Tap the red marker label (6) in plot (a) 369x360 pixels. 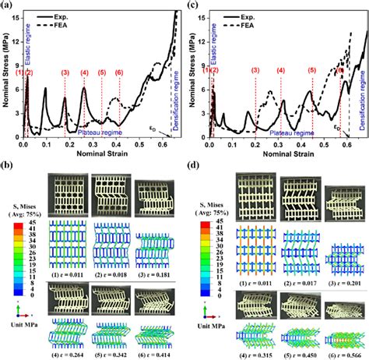click(x=119, y=73)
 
